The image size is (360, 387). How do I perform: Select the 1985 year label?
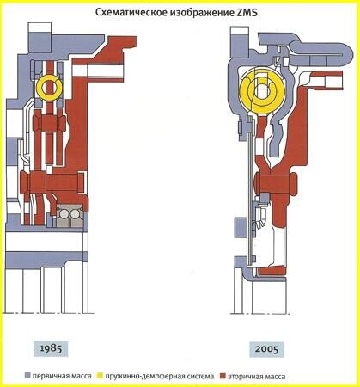(51, 348)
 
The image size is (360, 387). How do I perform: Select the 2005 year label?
(266, 349)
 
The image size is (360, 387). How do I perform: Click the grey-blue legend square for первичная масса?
(27, 376)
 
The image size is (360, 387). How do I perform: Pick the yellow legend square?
(101, 376)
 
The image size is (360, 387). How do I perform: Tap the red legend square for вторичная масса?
(223, 376)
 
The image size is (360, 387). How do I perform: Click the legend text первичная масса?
(62, 376)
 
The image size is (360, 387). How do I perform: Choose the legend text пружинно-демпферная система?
(160, 376)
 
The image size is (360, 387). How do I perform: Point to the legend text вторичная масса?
(257, 376)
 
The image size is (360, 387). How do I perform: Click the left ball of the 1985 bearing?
(64, 214)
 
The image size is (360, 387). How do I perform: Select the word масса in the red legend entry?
(274, 377)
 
